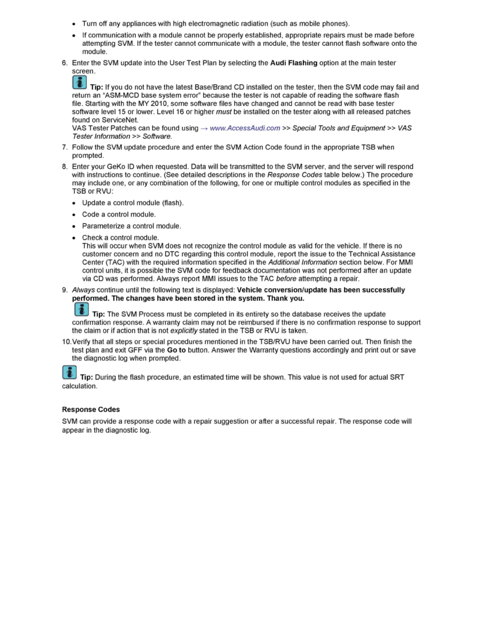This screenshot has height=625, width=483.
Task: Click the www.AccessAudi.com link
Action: click(x=245, y=128)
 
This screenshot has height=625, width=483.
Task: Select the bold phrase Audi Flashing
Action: click(x=294, y=63)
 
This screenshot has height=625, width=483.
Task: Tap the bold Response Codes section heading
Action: click(x=91, y=409)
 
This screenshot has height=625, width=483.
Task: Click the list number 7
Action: click(x=65, y=147)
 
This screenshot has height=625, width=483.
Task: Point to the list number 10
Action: click(x=66, y=342)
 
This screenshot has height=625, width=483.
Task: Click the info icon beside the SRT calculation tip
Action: click(x=69, y=373)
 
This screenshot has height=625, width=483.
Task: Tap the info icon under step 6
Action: click(x=79, y=83)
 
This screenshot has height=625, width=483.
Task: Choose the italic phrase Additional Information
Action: click(x=303, y=262)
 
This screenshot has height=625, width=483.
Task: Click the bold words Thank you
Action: click(x=286, y=298)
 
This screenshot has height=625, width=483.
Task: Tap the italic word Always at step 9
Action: click(x=83, y=290)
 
